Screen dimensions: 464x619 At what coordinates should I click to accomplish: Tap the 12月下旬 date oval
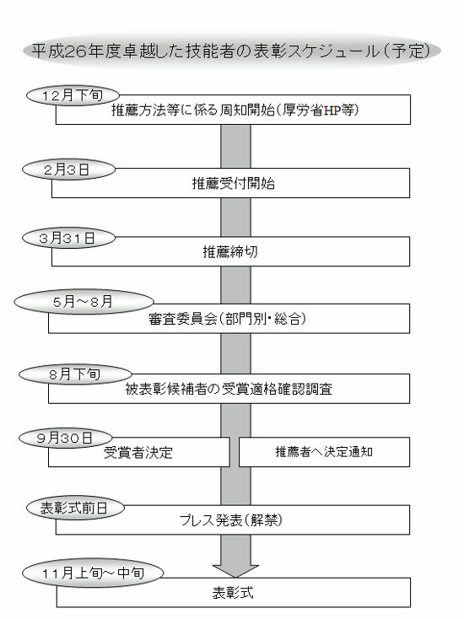(73, 95)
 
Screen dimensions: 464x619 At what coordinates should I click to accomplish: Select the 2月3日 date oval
(68, 170)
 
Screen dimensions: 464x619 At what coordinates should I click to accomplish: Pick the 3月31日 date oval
(68, 238)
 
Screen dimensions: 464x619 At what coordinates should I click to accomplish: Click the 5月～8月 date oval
(84, 302)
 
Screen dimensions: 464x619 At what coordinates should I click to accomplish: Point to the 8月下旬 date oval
(75, 374)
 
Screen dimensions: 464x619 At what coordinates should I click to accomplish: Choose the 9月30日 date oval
(66, 438)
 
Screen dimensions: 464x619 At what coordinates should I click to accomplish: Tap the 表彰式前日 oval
(75, 508)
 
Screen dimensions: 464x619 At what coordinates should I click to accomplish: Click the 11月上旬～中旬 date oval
(93, 573)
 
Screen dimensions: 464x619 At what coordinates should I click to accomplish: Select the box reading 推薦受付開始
(230, 183)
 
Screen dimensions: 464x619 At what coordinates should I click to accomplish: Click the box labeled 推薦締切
(230, 251)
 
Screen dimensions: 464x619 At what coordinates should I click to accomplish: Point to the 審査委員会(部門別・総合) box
(229, 318)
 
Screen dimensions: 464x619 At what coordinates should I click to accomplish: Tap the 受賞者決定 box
(139, 452)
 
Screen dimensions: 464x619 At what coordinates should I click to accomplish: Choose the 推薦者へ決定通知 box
(324, 452)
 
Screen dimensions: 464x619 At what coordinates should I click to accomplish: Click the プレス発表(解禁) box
(233, 520)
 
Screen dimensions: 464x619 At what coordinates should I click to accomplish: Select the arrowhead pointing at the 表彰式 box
(235, 571)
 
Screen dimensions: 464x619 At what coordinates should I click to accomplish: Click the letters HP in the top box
(332, 110)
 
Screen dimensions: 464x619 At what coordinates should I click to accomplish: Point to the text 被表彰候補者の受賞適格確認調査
(229, 389)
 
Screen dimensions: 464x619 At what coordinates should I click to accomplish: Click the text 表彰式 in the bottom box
(233, 593)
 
